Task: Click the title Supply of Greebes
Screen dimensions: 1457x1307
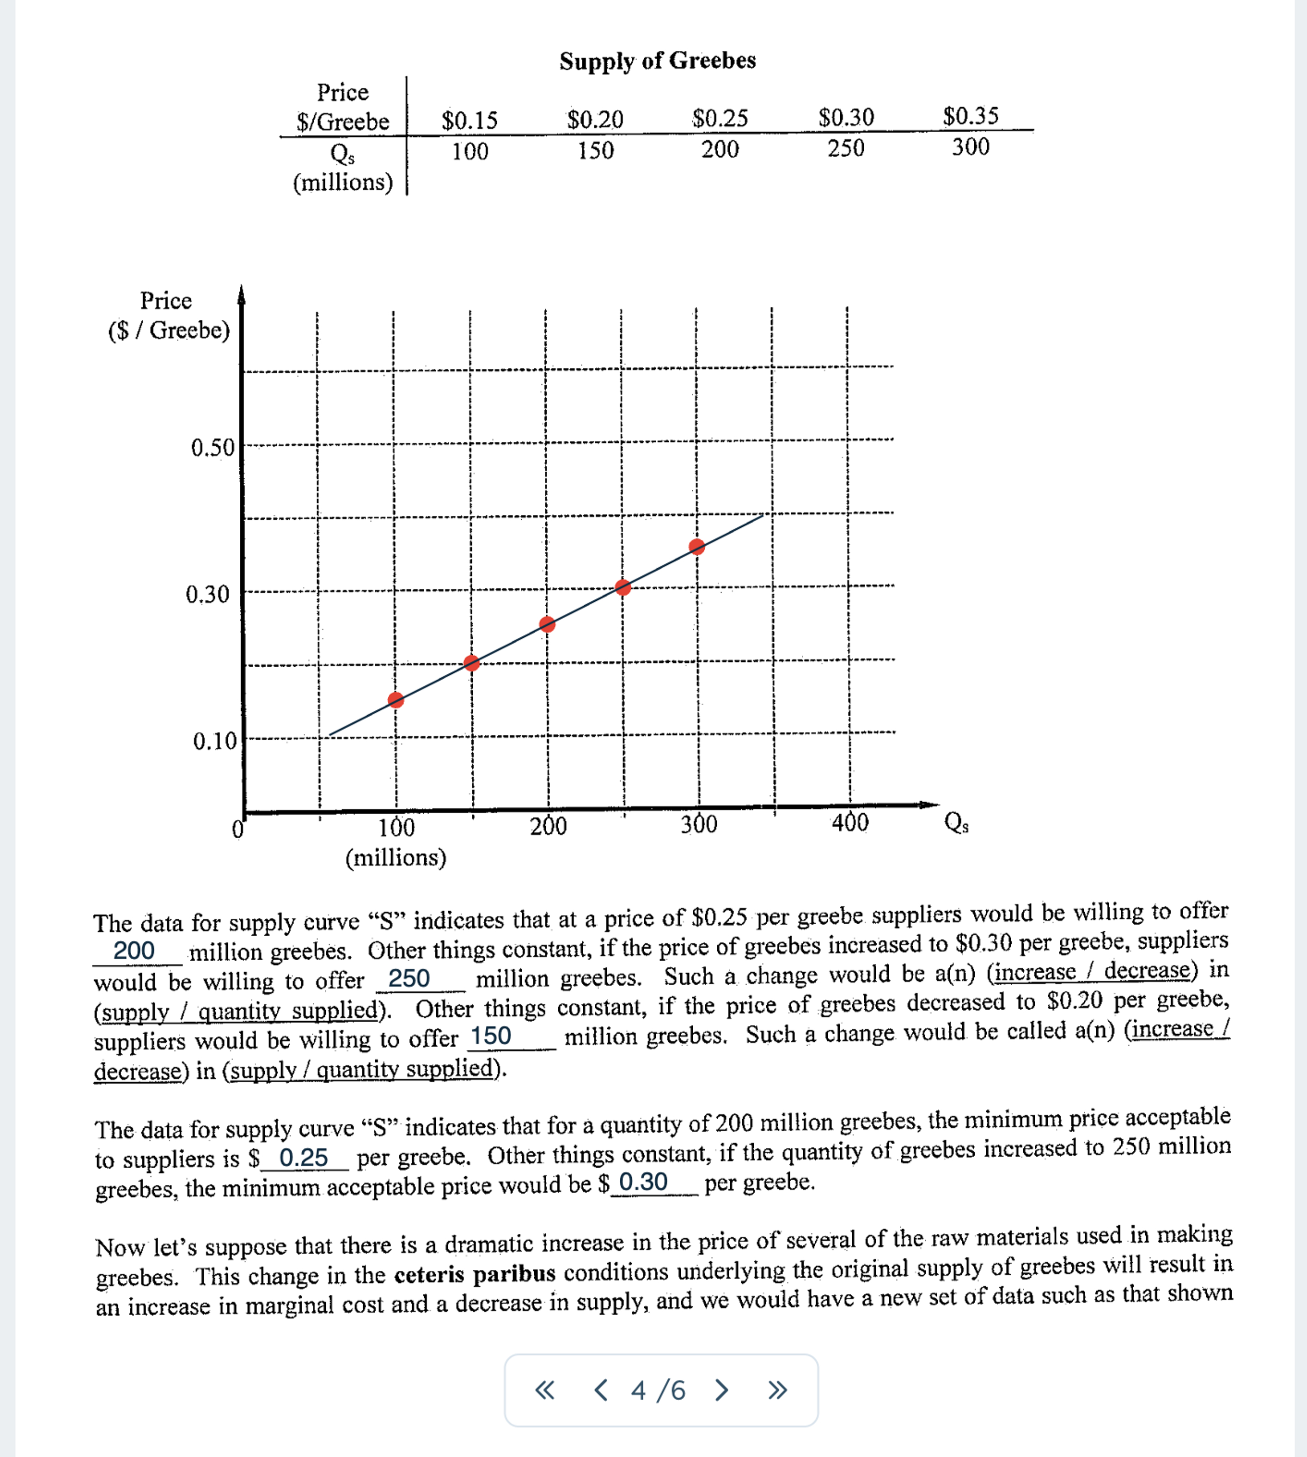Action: [657, 61]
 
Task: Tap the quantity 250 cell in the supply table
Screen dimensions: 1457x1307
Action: [845, 148]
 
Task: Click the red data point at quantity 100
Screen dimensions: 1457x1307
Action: [396, 700]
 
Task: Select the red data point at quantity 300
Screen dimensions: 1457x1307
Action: [696, 547]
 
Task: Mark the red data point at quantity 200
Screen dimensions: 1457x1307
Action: [547, 624]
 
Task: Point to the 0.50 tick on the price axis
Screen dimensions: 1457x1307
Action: [213, 447]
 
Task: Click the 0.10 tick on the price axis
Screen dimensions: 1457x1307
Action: [214, 740]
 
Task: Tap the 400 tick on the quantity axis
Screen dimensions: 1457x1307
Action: [850, 822]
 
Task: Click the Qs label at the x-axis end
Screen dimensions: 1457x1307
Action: [956, 822]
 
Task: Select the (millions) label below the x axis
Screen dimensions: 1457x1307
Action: [396, 857]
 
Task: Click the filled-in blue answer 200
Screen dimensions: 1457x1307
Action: [134, 950]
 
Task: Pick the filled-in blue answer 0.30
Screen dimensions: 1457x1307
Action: [643, 1181]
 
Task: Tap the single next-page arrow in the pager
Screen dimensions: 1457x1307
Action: [722, 1390]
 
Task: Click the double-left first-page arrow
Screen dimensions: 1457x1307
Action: [545, 1390]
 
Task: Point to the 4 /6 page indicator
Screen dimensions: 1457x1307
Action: [658, 1390]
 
